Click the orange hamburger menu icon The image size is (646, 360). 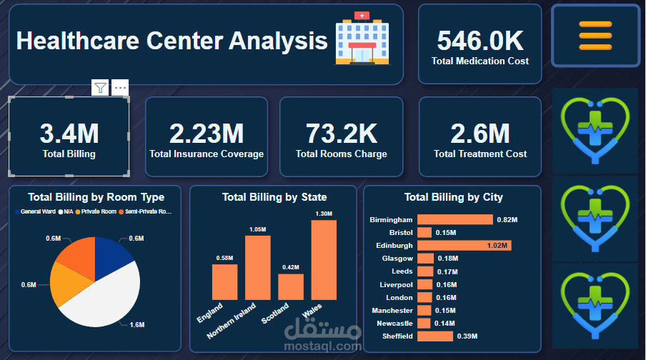tap(595, 36)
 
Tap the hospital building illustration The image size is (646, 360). tap(362, 39)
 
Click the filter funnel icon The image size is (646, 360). tap(100, 87)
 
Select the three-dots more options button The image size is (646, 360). tap(120, 87)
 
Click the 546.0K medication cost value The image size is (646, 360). tap(480, 41)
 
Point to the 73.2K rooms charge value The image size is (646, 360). tap(341, 134)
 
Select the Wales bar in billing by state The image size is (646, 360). tap(324, 260)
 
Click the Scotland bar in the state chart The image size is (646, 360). tap(291, 286)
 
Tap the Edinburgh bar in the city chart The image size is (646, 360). tap(464, 246)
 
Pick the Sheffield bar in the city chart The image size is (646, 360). tap(435, 336)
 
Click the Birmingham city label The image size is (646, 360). tap(391, 219)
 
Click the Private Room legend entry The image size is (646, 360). tap(96, 211)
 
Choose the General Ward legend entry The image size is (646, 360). tap(35, 211)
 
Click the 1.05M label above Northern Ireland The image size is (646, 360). tap(257, 229)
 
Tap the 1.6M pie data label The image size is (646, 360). tap(137, 324)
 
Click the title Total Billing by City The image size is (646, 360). tap(454, 197)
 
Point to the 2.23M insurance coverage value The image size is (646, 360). tap(207, 134)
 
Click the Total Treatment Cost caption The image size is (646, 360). tap(480, 154)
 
